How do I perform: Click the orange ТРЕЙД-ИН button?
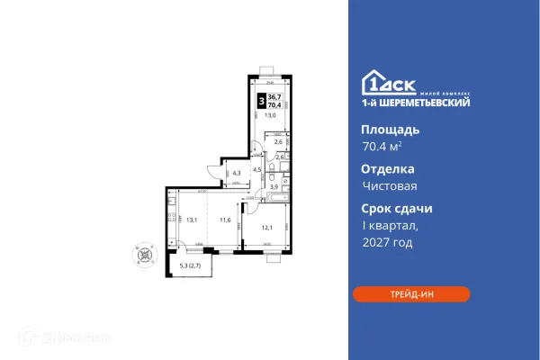tap(410, 294)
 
